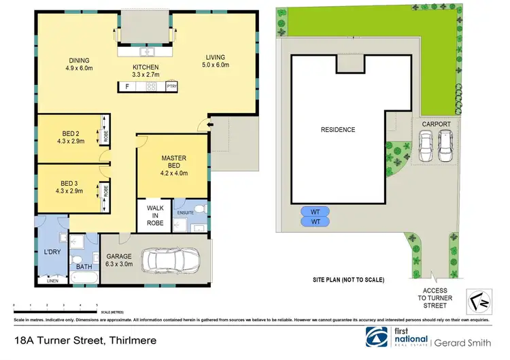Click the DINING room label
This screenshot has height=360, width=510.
pos(80,63)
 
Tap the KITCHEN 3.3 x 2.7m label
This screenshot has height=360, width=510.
pos(145,70)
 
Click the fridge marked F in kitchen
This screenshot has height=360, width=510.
pos(126,86)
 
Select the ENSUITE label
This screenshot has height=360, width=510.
pos(186,213)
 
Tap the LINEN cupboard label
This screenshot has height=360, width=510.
pos(51,280)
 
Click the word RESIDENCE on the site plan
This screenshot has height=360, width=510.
pos(338,129)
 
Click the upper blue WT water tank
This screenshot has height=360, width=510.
pos(315,211)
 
